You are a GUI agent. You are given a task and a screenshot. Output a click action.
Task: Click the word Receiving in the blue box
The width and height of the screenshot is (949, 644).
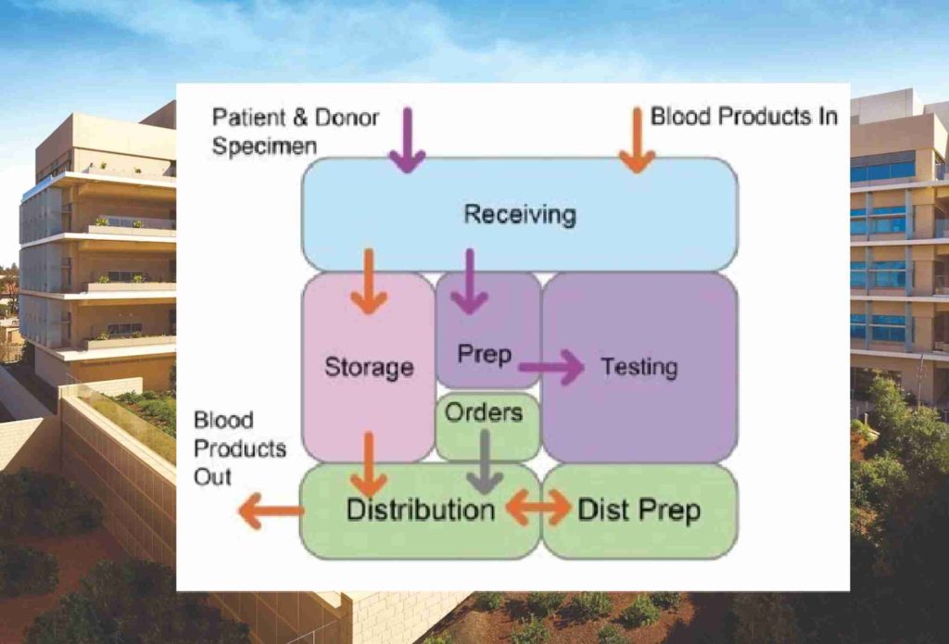click(519, 215)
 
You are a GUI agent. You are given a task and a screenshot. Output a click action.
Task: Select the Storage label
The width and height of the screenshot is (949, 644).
click(368, 367)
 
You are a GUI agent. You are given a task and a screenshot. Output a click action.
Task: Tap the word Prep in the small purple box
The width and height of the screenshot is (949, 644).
click(485, 354)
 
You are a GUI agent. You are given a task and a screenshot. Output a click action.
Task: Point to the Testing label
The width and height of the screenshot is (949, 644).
click(639, 366)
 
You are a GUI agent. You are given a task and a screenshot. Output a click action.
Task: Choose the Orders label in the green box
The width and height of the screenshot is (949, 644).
click(484, 412)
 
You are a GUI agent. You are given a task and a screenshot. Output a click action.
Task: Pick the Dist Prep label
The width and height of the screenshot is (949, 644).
click(639, 510)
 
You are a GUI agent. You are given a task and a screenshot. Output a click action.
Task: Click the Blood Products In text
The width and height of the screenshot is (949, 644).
click(744, 117)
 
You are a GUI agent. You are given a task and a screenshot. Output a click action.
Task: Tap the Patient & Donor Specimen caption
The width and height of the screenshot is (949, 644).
click(295, 131)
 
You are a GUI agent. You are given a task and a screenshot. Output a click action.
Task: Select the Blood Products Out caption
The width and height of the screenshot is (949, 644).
click(239, 448)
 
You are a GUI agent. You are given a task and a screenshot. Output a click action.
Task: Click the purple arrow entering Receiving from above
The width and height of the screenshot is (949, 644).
click(406, 139)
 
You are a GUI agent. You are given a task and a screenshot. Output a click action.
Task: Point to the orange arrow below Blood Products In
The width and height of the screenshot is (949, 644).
click(637, 139)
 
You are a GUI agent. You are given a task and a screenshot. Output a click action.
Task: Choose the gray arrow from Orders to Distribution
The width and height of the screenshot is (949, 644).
click(484, 461)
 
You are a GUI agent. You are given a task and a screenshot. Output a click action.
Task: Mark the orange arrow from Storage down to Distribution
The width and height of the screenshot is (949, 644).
click(369, 463)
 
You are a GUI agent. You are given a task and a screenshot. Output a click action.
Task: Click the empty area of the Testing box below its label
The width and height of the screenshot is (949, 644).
click(639, 422)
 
